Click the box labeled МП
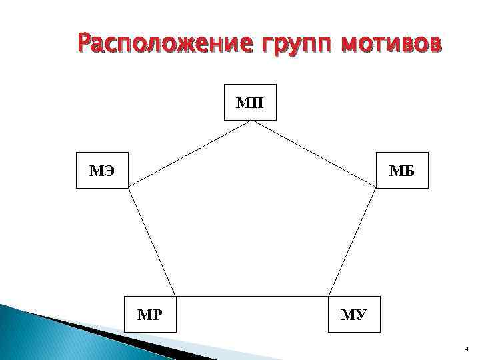coord(250,103)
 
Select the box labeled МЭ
coord(102,171)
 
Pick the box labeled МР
coord(151,313)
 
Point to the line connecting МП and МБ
coord(313,154)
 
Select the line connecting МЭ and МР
coord(152,241)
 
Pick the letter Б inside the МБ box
coord(409,171)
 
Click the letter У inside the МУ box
coord(361,313)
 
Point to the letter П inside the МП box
coord(257,103)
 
